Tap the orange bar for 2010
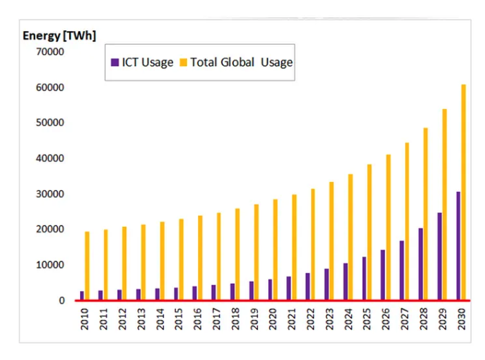click(87, 266)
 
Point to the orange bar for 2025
click(370, 232)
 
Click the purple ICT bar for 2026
click(383, 274)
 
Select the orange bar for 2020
click(275, 249)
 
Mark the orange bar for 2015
click(181, 259)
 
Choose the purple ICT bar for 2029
click(439, 256)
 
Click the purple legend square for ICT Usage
click(115, 62)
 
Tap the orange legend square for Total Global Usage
click(183, 62)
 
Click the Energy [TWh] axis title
click(59, 36)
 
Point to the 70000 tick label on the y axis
click(50, 52)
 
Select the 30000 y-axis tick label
click(50, 194)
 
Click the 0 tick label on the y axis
click(61, 301)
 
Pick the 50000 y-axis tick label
click(50, 123)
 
